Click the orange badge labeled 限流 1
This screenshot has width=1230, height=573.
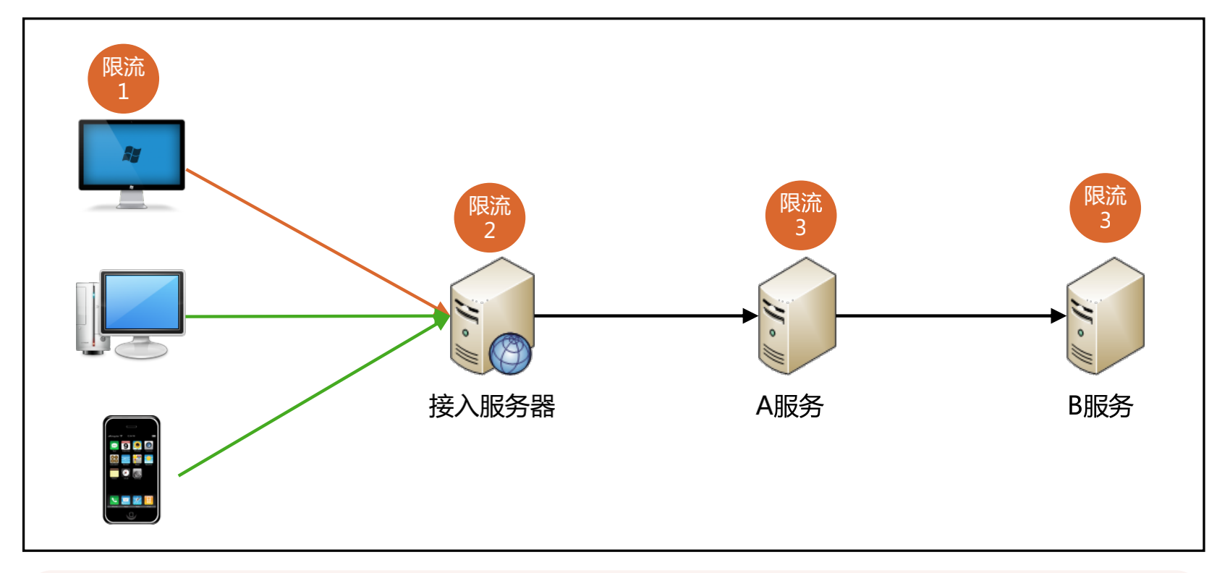[x=123, y=78]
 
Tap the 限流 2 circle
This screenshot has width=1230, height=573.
[x=489, y=217]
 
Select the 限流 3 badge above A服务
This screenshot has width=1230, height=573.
[x=800, y=215]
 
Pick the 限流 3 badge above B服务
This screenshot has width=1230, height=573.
[x=1105, y=208]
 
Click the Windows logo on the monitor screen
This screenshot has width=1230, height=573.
[x=132, y=154]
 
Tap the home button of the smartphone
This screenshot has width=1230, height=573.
[x=131, y=514]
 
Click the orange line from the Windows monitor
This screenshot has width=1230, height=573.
[x=311, y=238]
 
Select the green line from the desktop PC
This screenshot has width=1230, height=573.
[x=311, y=316]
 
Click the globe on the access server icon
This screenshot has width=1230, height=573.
[x=509, y=353]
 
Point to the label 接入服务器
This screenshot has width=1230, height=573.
[x=491, y=406]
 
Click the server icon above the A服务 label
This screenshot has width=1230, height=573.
[x=797, y=316]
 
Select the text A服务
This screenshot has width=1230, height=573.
[x=789, y=406]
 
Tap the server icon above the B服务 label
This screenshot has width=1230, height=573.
[x=1105, y=316]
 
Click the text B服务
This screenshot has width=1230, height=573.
[x=1100, y=406]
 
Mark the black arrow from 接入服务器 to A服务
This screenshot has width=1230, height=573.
[x=644, y=315]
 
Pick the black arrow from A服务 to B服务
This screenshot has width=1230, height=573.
[x=948, y=315]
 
